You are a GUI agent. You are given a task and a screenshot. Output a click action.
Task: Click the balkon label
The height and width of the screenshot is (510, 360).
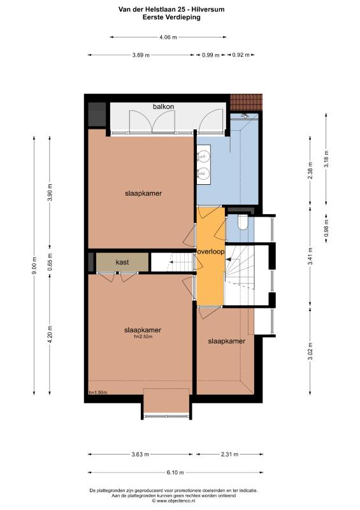[x=163, y=106]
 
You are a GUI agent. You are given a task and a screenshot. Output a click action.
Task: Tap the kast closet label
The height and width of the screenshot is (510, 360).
[x=122, y=262]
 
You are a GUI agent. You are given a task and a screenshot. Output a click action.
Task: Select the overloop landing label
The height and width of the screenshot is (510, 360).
[x=211, y=251]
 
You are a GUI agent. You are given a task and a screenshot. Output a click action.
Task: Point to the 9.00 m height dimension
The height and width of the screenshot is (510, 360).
[x=34, y=265]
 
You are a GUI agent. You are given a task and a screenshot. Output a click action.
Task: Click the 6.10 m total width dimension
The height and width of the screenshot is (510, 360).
[x=175, y=472]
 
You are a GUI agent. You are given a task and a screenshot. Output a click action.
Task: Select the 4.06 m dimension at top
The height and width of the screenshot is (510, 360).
[x=168, y=37]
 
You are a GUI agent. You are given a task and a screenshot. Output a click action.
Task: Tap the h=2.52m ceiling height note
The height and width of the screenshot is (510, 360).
[x=143, y=337]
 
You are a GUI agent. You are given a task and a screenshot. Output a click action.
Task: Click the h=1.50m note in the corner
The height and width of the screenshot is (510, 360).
[x=98, y=392]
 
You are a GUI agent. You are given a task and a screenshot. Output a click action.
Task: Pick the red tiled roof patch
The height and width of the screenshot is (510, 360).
[x=246, y=103]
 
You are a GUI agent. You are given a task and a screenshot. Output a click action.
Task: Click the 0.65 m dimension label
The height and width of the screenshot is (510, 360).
[x=50, y=262]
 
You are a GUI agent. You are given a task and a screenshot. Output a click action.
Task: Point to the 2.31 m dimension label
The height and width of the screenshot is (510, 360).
[x=229, y=454]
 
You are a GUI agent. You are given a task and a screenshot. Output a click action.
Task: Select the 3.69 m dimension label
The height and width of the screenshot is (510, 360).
[x=141, y=55]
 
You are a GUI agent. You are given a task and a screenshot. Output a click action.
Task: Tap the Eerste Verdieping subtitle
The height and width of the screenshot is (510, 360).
[x=171, y=17]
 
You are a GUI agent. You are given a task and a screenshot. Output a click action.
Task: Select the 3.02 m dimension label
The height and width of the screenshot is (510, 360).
[x=311, y=351]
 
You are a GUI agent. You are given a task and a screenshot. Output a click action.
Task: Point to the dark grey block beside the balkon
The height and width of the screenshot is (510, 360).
[x=97, y=115]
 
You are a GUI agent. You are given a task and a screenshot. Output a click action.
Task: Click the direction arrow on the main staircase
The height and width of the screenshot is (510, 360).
[x=229, y=259]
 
